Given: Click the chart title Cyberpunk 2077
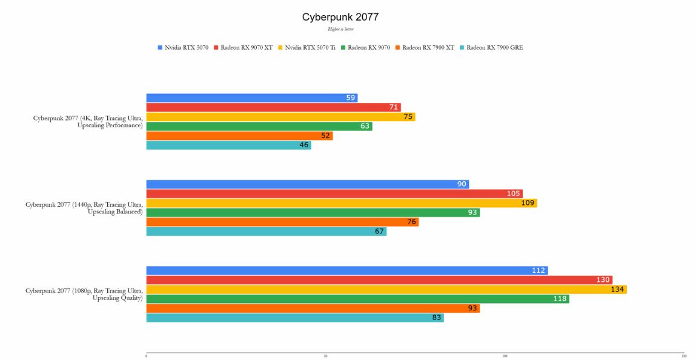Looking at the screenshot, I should [340, 17].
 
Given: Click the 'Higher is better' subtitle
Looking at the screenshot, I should [340, 29].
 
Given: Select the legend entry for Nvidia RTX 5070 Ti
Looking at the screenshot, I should [310, 47].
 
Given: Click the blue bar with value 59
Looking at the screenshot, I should [251, 98].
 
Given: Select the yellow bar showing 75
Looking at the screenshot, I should [280, 117].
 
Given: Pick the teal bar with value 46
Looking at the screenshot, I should [228, 145].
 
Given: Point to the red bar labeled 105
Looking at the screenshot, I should [334, 193].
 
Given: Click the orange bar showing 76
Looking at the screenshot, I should [282, 222].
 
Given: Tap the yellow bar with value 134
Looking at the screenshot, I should [386, 289].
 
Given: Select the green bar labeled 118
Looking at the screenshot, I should [357, 299].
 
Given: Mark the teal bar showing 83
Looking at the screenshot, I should [294, 318].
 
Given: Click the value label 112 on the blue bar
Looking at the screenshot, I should [539, 270].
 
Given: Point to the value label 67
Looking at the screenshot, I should [379, 232].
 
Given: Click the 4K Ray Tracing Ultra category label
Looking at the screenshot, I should [88, 122].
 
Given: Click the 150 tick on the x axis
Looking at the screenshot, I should [684, 356].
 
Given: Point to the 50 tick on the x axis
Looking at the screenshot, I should [326, 356].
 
